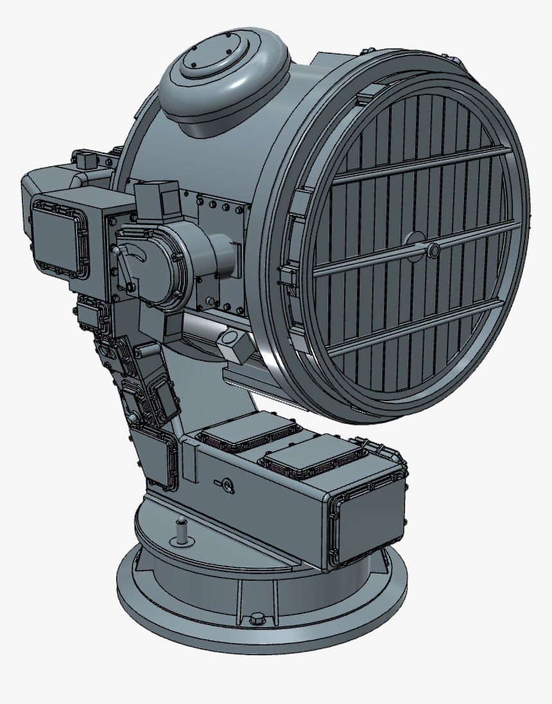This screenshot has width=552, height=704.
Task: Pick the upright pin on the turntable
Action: [x=182, y=530]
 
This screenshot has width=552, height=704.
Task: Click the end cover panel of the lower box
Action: [x=368, y=523]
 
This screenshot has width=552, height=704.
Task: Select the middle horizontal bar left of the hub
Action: [x=359, y=262]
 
